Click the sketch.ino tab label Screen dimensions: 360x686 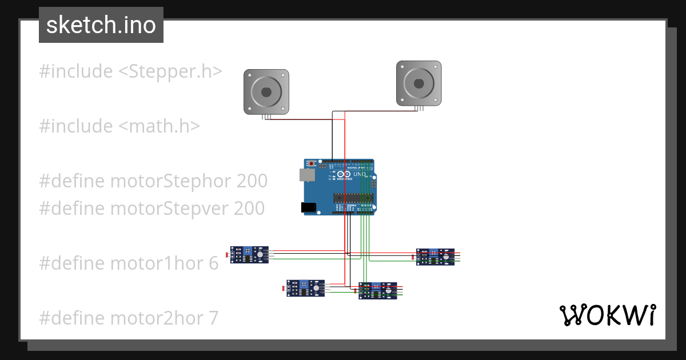tap(101, 25)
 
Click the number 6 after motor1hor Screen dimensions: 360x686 tap(213, 263)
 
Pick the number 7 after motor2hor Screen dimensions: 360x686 tap(213, 318)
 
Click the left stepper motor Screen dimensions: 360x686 tap(266, 91)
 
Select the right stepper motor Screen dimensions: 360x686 tap(419, 83)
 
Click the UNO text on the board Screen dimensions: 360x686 tap(360, 174)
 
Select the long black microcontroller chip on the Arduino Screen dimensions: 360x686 tap(353, 198)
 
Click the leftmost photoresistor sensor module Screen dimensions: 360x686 tap(249, 254)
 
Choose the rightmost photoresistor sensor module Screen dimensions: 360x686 tap(435, 257)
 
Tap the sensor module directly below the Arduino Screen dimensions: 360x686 tap(377, 291)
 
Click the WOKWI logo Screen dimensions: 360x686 tap(607, 315)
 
